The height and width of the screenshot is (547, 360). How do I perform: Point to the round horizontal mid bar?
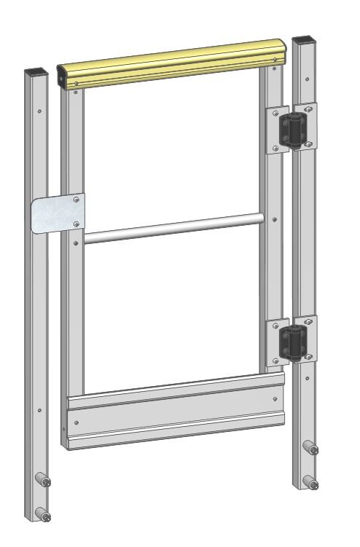(x=171, y=228)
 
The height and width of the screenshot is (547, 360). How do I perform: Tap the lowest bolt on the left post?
(x=45, y=516)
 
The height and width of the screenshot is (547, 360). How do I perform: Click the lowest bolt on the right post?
(x=311, y=481)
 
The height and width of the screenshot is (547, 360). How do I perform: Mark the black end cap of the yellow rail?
(x=63, y=75)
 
